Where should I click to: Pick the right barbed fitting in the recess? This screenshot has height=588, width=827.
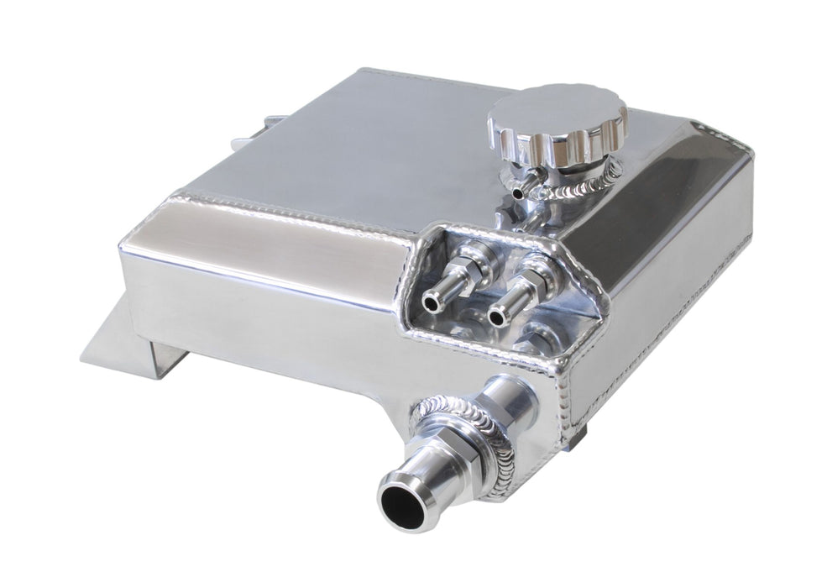click(510, 298)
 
